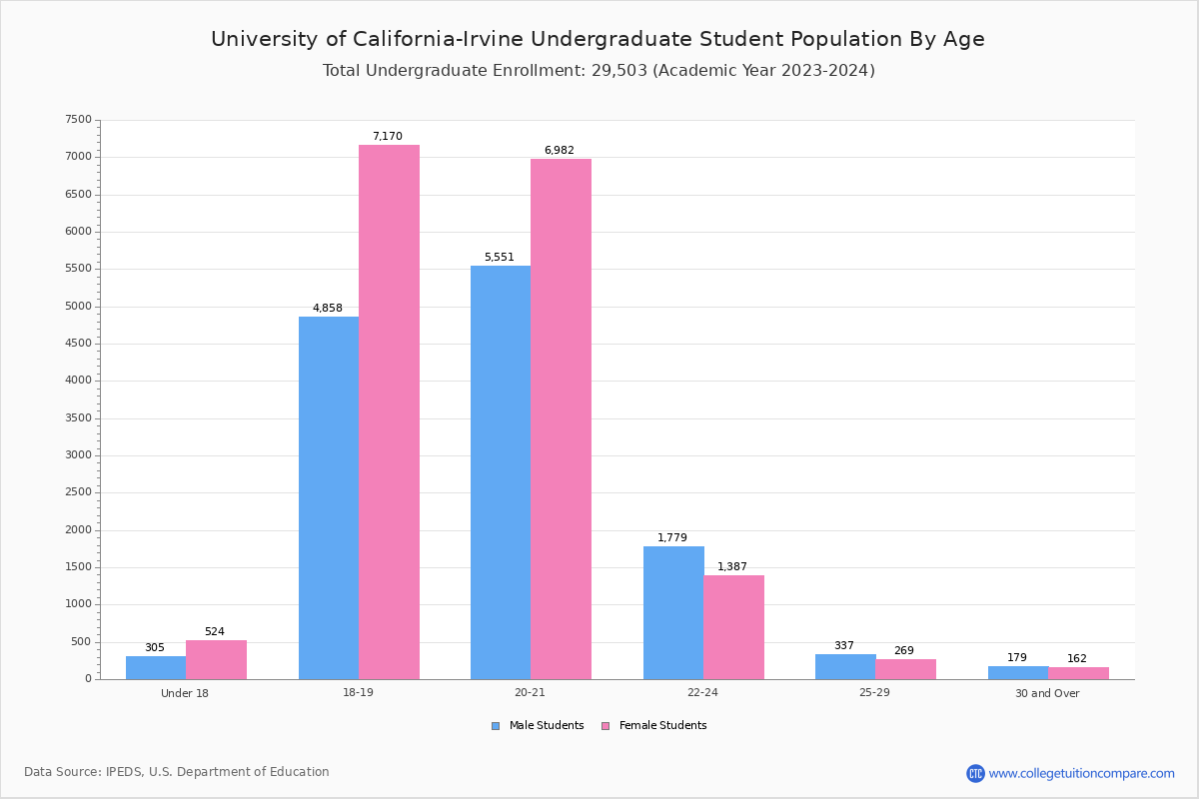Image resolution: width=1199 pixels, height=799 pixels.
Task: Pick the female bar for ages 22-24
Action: point(733,627)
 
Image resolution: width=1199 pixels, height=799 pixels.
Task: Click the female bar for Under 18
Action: point(216,659)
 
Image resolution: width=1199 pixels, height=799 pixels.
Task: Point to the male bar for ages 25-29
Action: point(845,666)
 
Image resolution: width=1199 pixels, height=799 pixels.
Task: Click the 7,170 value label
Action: point(388,137)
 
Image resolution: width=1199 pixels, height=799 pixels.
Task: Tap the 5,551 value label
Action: point(500,258)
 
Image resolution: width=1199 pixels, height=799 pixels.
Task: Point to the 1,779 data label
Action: point(672,538)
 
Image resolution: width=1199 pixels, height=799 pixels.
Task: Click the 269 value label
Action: point(904,651)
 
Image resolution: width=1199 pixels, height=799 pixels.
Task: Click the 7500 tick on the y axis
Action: point(78,120)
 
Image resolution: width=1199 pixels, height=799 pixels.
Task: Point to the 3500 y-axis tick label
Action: point(78,418)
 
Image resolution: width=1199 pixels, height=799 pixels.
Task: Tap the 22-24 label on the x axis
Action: point(702,693)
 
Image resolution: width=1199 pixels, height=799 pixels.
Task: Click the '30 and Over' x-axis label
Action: point(1047,693)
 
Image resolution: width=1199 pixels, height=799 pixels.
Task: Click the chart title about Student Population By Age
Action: point(598,39)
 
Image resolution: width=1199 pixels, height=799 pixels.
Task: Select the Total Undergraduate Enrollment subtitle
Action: point(599,71)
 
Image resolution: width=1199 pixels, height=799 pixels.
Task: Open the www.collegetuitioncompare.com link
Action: point(1081,773)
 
